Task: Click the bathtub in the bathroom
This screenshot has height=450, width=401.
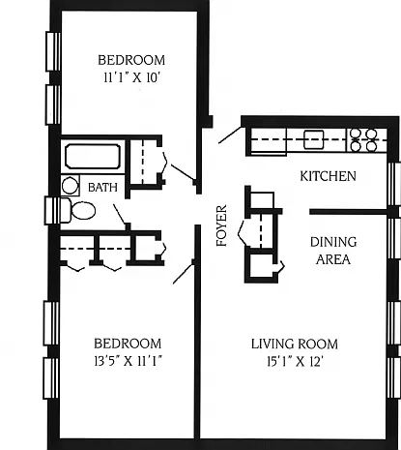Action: (x=93, y=157)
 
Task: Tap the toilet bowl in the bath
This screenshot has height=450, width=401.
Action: (x=83, y=211)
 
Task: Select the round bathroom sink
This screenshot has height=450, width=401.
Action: (x=71, y=186)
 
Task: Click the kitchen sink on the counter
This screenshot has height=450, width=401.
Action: (x=313, y=139)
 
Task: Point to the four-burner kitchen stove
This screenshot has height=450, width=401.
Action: (x=363, y=140)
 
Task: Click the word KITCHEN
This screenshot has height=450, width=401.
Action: (x=328, y=176)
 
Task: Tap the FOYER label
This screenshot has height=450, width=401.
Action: (x=221, y=225)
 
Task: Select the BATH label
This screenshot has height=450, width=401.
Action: (x=102, y=188)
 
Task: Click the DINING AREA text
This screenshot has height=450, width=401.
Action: (x=333, y=251)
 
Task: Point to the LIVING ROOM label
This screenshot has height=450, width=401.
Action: (x=295, y=344)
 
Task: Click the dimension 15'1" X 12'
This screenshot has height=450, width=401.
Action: (x=295, y=362)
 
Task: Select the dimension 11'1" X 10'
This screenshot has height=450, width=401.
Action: (x=132, y=77)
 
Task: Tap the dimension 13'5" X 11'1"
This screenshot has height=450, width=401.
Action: (x=128, y=361)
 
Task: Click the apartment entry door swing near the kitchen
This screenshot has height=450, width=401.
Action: (x=230, y=135)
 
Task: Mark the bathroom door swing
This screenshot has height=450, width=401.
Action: (x=120, y=215)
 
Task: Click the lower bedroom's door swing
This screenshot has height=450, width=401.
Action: (x=184, y=271)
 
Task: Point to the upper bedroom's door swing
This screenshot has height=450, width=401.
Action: (x=183, y=172)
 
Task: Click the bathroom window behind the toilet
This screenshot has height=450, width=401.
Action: (x=52, y=211)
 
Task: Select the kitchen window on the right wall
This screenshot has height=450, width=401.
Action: (x=394, y=184)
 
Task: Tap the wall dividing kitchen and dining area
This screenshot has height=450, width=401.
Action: (x=349, y=212)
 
